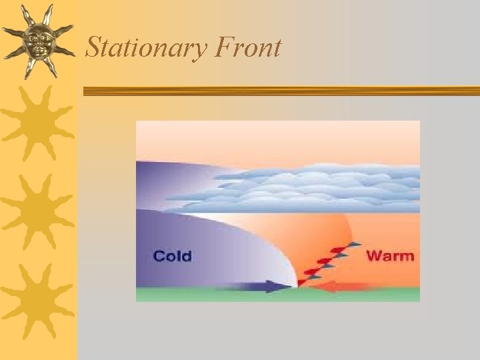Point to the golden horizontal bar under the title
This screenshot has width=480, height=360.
click(280, 91)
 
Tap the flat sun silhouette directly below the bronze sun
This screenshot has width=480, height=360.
click(37, 123)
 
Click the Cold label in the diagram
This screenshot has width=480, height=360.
click(172, 256)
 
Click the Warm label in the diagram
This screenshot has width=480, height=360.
click(390, 255)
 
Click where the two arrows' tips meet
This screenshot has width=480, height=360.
click(295, 287)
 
